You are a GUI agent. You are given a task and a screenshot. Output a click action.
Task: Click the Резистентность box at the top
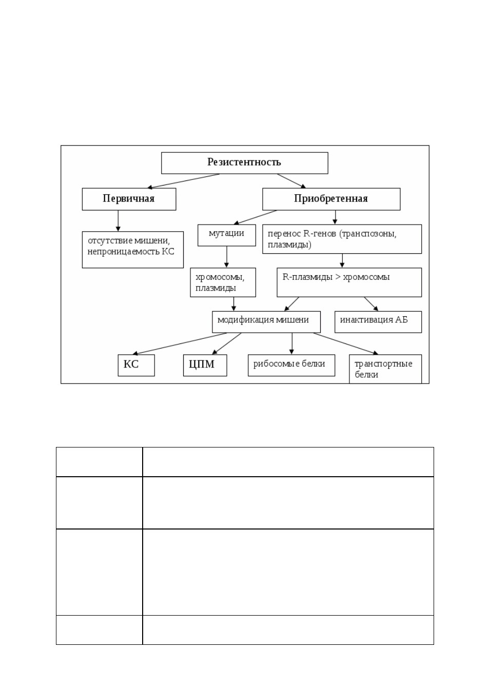(x=244, y=163)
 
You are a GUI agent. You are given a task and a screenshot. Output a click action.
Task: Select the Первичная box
(x=129, y=199)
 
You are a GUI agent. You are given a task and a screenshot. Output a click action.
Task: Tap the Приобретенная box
(x=331, y=199)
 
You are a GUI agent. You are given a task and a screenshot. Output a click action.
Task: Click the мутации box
(x=227, y=235)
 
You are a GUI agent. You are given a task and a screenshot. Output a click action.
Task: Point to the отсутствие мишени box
(x=133, y=250)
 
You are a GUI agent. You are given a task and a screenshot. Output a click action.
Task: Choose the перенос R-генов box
(x=342, y=239)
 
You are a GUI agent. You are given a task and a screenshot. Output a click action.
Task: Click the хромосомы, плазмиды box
(x=223, y=282)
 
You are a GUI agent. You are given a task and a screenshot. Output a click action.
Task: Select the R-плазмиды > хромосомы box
(x=349, y=282)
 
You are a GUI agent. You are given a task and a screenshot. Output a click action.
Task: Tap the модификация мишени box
(x=266, y=322)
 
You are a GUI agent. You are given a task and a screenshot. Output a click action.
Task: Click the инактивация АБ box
(x=378, y=322)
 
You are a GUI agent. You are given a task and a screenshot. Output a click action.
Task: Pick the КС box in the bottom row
(x=136, y=365)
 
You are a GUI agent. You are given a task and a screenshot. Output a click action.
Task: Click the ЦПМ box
(x=205, y=365)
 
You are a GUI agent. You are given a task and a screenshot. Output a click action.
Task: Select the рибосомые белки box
(x=291, y=365)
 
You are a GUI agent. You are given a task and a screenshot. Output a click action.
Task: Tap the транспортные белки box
(x=385, y=369)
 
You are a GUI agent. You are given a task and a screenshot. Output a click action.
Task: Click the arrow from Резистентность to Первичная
(x=183, y=181)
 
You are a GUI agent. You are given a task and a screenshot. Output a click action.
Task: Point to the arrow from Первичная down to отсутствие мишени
(x=118, y=221)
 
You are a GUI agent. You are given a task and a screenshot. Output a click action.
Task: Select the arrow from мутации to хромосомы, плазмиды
(x=226, y=257)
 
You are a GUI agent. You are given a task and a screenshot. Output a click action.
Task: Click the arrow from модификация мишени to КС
(x=180, y=343)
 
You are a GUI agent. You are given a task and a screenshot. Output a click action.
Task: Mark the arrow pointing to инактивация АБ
(x=371, y=304)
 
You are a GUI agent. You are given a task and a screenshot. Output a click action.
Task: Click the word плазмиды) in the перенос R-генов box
(x=289, y=245)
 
